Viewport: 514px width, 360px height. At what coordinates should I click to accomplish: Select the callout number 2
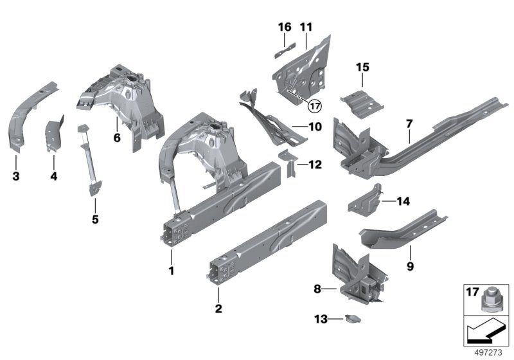tap(219, 309)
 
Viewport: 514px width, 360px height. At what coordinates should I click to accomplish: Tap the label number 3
tap(15, 175)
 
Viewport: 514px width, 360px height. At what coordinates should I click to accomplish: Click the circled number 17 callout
tap(314, 106)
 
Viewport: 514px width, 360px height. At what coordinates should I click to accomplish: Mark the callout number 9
tap(409, 265)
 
